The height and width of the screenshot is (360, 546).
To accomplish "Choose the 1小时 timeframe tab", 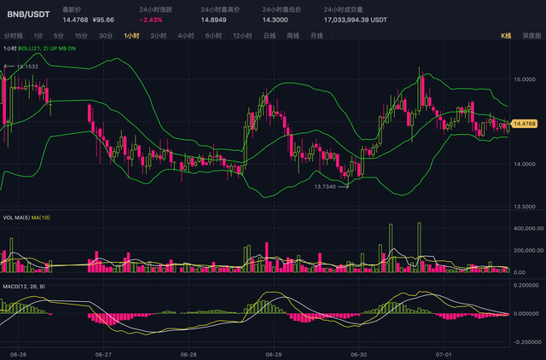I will (x=131, y=36).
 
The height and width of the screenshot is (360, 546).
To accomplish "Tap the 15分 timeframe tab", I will (x=81, y=36).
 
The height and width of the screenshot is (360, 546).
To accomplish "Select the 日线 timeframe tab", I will (x=270, y=36).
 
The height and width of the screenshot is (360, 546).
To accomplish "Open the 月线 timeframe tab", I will (x=317, y=36).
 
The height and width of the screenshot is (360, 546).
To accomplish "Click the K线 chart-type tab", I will (x=505, y=36).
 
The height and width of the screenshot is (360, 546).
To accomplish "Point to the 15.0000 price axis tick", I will (x=525, y=78).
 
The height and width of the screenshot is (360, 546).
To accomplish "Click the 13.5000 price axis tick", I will (x=525, y=206).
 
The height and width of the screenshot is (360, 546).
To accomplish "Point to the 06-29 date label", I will (x=273, y=353).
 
